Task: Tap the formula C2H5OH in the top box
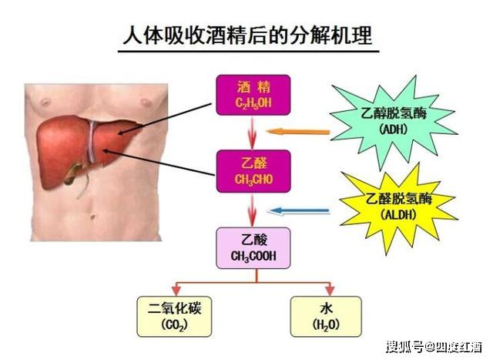tap(253, 103)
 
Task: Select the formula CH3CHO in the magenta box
tap(253, 180)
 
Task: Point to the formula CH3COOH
tap(253, 256)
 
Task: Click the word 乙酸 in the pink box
tap(254, 240)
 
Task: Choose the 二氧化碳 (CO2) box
tap(174, 316)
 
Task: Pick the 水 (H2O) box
tap(326, 316)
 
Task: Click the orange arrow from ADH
tap(298, 132)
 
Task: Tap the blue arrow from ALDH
tap(298, 211)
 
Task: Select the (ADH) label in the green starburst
tap(393, 129)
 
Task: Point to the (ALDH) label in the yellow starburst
tap(398, 214)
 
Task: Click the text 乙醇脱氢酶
tap(394, 113)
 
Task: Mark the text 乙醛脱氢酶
tap(399, 199)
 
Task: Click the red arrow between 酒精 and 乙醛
tap(252, 133)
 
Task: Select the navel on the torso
tap(92, 217)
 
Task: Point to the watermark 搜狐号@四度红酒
tap(434, 347)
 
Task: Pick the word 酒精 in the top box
tap(253, 87)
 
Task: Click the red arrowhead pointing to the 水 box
tap(330, 289)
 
